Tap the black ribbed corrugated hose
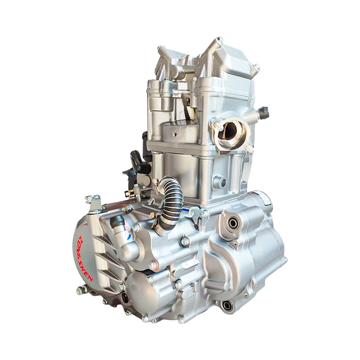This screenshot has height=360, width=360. [x=171, y=198]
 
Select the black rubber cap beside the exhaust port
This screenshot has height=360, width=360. [x=263, y=111]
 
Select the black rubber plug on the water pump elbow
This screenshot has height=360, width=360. [x=118, y=221]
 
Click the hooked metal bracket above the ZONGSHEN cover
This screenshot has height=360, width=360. [x=93, y=202]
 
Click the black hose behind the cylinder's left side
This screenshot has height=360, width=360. [x=140, y=162]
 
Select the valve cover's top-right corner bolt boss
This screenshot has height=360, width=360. [x=256, y=68]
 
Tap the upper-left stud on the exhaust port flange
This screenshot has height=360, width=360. [x=217, y=125]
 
